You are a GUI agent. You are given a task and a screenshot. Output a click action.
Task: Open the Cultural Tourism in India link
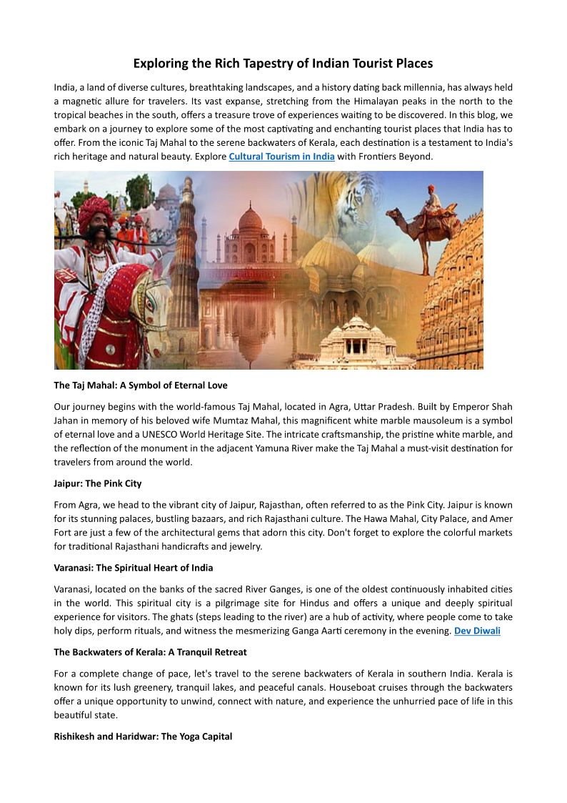281,157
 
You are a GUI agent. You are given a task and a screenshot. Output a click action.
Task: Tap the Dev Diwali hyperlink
477,631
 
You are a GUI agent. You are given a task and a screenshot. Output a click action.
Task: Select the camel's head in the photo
395,215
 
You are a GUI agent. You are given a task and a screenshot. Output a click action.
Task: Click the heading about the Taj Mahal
141,385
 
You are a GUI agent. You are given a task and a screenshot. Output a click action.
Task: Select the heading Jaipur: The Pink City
98,484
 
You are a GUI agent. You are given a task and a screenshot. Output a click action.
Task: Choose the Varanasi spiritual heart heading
134,568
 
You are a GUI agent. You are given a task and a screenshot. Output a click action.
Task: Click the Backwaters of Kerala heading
150,652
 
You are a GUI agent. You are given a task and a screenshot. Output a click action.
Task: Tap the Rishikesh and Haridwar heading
143,737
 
